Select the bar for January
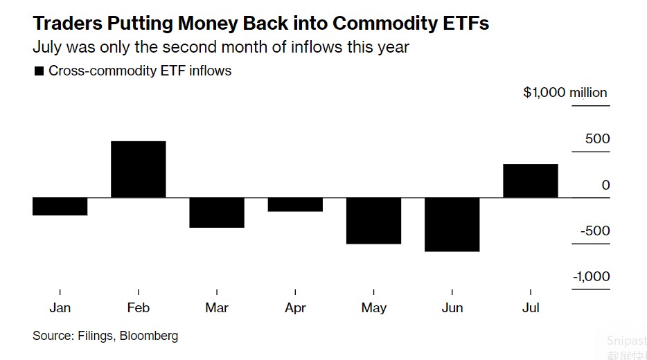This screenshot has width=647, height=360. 60,206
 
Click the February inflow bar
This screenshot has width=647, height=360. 139,170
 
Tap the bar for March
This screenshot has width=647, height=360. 217,213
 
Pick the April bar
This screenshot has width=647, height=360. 295,204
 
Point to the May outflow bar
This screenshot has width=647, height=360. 373,221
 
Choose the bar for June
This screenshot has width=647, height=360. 452,224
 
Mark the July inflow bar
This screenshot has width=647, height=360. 531,181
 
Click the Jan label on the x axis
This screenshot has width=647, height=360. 60,308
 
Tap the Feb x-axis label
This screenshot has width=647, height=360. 139,308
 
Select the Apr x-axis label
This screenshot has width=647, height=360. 295,308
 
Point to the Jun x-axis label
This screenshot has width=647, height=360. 452,308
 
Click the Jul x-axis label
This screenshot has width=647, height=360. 531,308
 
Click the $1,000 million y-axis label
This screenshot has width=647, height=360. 565,93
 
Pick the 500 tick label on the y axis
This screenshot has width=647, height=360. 597,139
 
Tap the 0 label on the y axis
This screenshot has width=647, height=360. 606,185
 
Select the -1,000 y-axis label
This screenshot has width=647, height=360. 591,277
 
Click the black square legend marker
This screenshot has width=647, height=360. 39,71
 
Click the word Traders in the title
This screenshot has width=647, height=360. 67,24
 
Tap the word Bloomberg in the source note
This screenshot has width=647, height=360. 149,336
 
